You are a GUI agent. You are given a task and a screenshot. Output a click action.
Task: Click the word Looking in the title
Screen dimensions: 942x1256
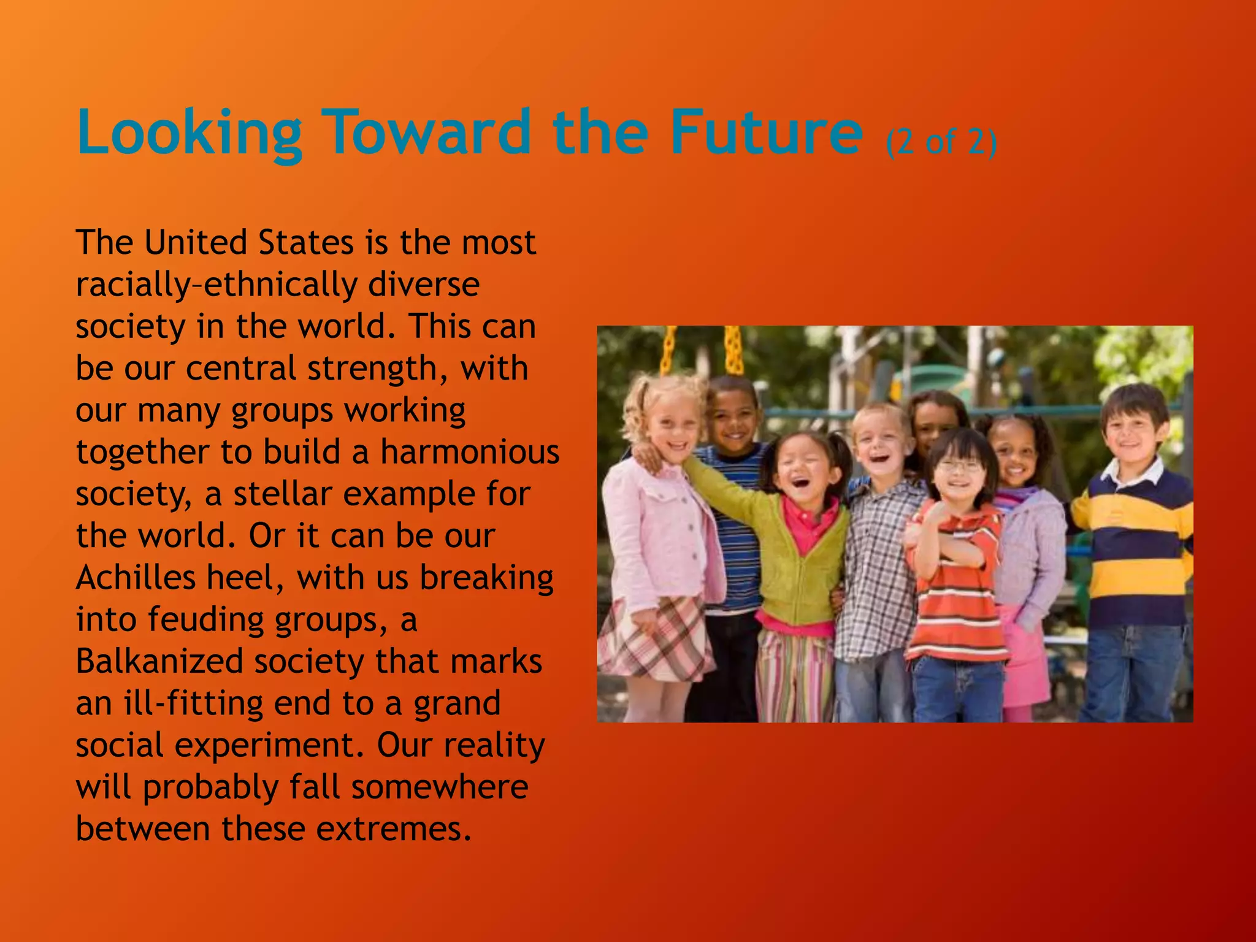(190, 134)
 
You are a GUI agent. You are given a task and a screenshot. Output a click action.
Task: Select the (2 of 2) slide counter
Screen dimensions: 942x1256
(941, 142)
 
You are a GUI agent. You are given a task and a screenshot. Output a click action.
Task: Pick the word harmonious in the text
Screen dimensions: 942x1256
(470, 452)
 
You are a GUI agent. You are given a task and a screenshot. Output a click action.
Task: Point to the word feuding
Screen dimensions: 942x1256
(206, 619)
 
